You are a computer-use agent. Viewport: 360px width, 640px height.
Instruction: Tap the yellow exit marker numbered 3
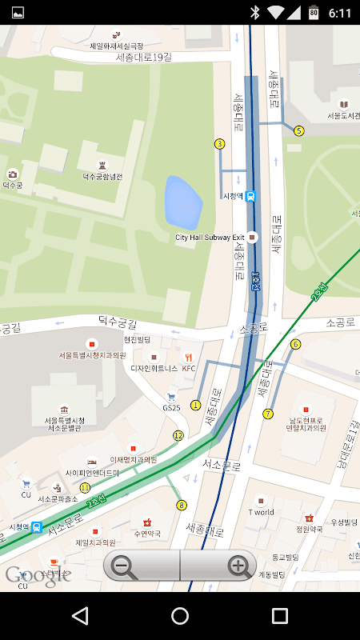click(219, 144)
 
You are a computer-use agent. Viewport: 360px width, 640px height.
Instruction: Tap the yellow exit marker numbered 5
click(299, 130)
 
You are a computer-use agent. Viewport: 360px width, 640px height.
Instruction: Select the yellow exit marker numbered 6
click(295, 344)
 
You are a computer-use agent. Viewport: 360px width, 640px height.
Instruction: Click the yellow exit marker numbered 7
click(268, 414)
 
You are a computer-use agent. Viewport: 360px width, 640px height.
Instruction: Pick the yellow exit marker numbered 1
click(195, 405)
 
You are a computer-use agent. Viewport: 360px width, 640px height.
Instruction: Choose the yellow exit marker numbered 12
click(178, 436)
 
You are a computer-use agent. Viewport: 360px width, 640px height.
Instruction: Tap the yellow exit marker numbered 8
click(182, 505)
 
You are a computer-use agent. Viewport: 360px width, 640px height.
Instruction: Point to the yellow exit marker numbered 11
click(85, 487)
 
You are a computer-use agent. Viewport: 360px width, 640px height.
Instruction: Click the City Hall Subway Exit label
click(210, 238)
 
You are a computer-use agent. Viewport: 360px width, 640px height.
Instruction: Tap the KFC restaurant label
click(189, 368)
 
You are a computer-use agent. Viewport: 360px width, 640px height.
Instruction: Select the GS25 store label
click(171, 407)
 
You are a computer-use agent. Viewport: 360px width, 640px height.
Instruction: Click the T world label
click(261, 511)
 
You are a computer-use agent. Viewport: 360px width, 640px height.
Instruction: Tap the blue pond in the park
click(183, 202)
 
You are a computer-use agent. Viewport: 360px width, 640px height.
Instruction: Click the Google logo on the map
click(38, 574)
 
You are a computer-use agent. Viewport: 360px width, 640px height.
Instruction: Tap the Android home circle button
click(180, 615)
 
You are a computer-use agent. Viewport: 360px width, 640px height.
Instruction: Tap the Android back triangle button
click(80, 615)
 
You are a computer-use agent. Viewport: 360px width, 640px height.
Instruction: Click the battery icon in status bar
click(314, 12)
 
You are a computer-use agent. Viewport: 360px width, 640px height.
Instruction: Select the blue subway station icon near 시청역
click(250, 196)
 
